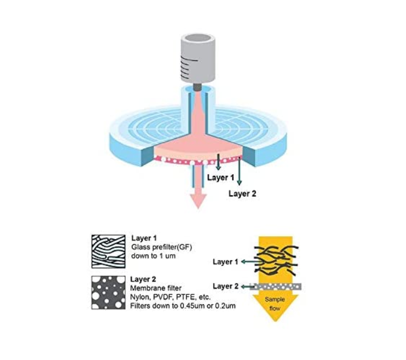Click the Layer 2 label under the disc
242,194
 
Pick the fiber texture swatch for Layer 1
108,251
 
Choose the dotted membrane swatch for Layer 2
108,293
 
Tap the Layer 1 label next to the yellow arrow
226,262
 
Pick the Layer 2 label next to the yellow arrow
226,286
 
